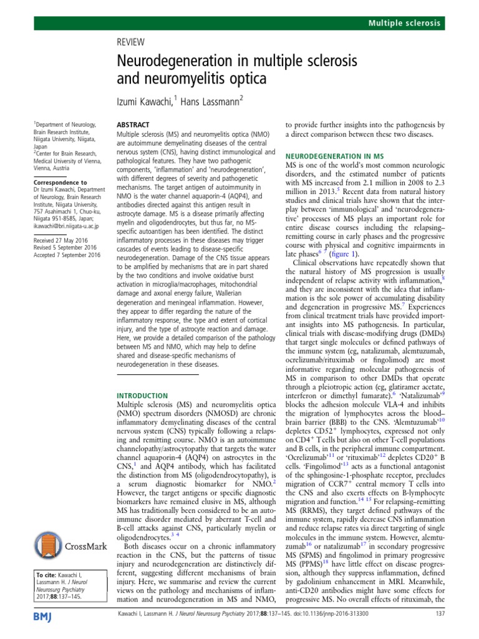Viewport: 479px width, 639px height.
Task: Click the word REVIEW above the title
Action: click(x=131, y=42)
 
